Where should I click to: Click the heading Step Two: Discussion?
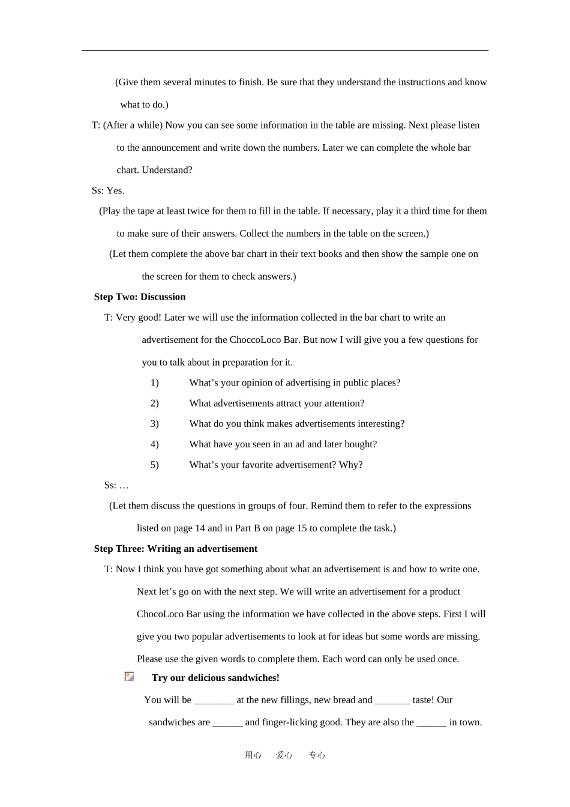pyautogui.click(x=140, y=297)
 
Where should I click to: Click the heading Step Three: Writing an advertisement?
pyautogui.click(x=175, y=549)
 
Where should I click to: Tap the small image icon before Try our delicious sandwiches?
pyautogui.click(x=129, y=677)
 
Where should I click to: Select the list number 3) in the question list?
pyautogui.click(x=154, y=424)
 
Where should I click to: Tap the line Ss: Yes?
pyautogui.click(x=108, y=191)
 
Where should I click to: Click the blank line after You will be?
pyautogui.click(x=214, y=700)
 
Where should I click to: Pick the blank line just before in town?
pyautogui.click(x=431, y=722)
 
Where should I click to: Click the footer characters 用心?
pyautogui.click(x=253, y=755)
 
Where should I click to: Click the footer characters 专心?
pyautogui.click(x=317, y=755)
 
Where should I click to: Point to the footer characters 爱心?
pyautogui.click(x=284, y=755)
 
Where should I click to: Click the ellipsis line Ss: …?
pyautogui.click(x=116, y=486)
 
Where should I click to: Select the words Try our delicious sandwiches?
pyautogui.click(x=215, y=678)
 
